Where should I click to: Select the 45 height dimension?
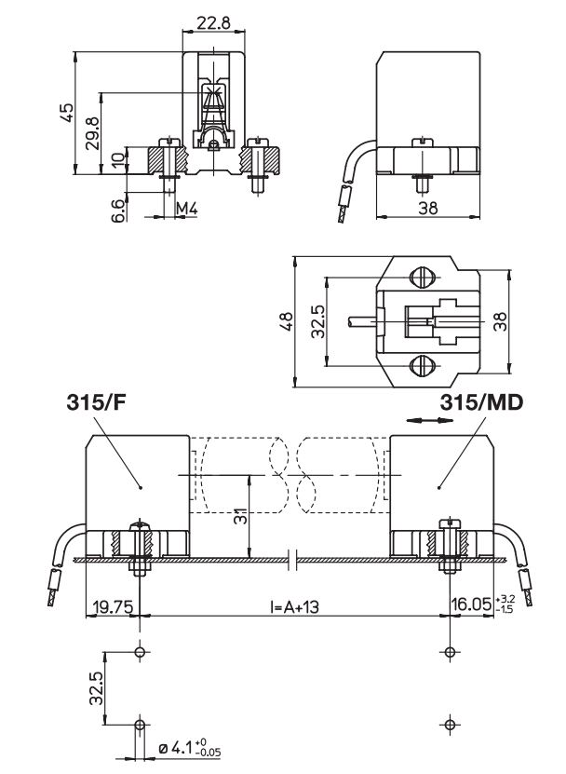pos(65,112)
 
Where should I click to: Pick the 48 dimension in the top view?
pos(287,322)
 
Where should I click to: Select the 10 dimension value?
pos(116,159)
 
